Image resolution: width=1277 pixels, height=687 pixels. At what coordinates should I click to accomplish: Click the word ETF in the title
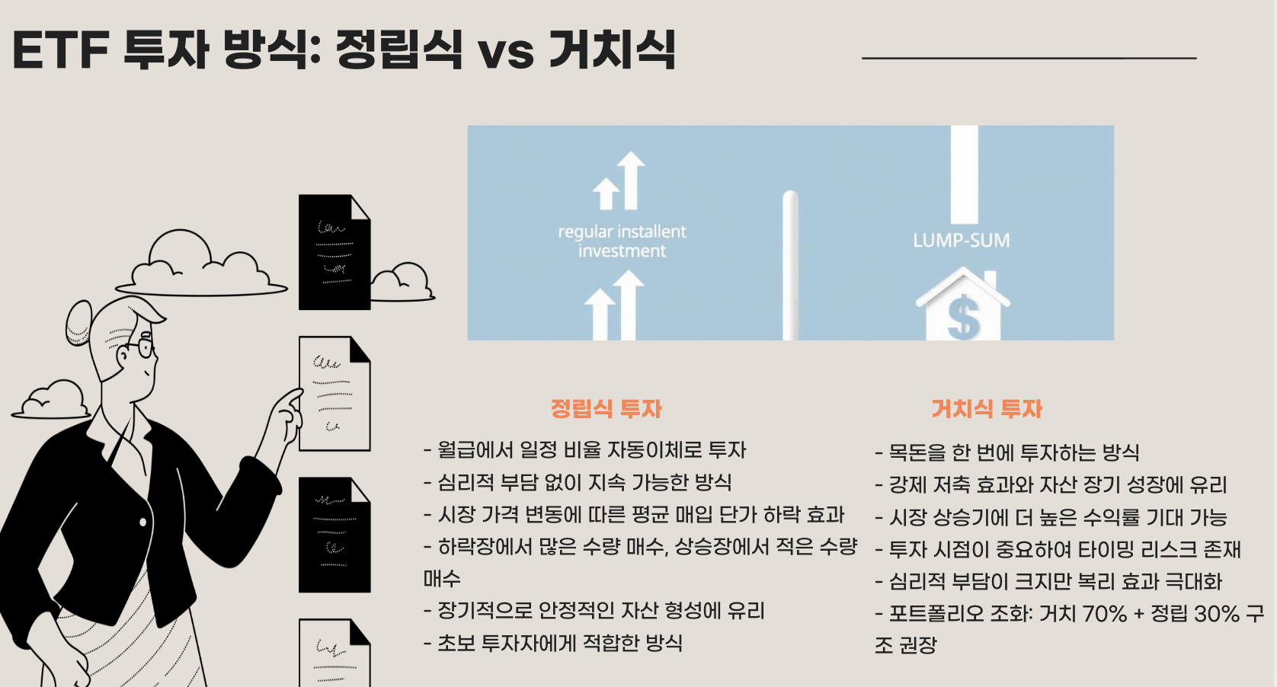click(61, 50)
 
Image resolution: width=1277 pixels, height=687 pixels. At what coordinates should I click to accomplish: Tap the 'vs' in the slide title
click(506, 52)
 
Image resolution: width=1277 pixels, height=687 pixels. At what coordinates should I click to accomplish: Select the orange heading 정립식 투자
click(606, 409)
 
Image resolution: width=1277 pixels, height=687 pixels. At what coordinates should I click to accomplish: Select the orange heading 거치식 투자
click(987, 409)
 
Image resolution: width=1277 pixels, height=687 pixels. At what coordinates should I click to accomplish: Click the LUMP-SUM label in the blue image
click(962, 241)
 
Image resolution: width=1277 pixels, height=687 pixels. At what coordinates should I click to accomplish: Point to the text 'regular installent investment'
click(622, 241)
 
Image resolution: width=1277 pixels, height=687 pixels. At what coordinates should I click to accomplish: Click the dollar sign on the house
click(963, 318)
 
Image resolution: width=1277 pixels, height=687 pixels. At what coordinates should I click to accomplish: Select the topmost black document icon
click(334, 252)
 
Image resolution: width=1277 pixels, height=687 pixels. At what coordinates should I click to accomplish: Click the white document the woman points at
click(334, 394)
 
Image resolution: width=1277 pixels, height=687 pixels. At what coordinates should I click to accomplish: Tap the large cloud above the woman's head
click(200, 267)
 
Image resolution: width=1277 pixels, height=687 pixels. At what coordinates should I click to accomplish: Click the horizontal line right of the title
click(1029, 58)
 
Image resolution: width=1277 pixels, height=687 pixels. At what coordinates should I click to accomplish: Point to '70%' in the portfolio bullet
click(1104, 613)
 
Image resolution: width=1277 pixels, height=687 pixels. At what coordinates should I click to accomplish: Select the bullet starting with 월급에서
click(584, 450)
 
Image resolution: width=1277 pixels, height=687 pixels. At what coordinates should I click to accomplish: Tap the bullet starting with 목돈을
click(1007, 453)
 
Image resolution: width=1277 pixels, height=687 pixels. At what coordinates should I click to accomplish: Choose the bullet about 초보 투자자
click(552, 643)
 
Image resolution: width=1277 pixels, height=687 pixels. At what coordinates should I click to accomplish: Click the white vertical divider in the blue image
click(790, 267)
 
